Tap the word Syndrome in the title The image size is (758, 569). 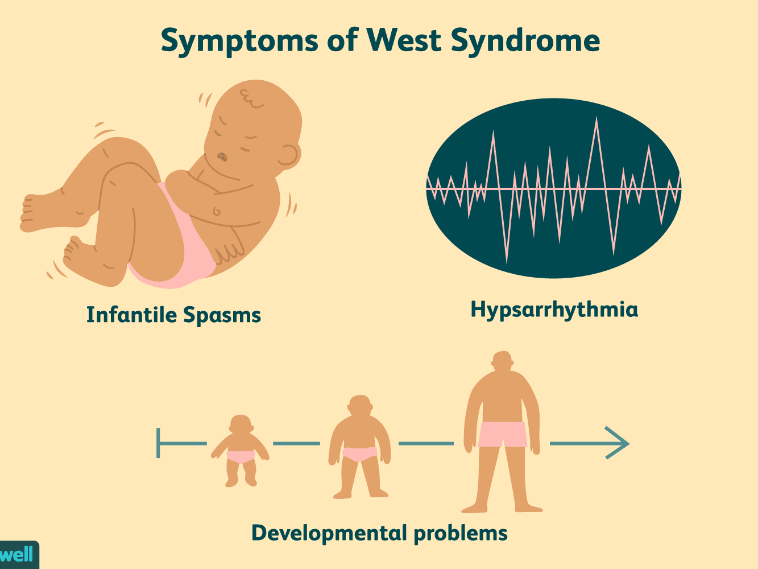[x=525, y=42]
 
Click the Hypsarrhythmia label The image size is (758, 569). [x=554, y=310]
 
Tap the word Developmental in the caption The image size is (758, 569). [x=329, y=533]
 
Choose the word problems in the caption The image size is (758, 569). [x=461, y=533]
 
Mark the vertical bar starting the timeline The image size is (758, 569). [x=159, y=443]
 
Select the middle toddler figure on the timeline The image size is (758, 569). [x=359, y=447]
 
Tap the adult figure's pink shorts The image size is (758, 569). [x=502, y=434]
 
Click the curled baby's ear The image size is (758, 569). [x=289, y=155]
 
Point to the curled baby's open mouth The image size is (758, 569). [x=222, y=156]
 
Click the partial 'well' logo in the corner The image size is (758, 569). [x=17, y=555]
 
